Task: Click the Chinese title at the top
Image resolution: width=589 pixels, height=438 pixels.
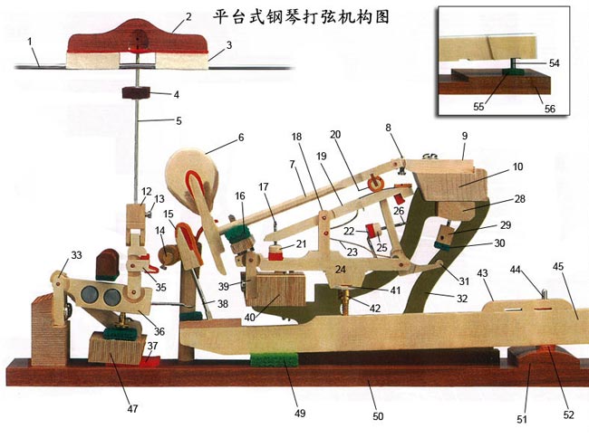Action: tap(300, 16)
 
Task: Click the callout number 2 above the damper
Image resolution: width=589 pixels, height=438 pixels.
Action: tap(188, 15)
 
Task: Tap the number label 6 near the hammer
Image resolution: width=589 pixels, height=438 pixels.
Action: tap(241, 138)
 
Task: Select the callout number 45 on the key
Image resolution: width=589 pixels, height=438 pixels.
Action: tap(558, 266)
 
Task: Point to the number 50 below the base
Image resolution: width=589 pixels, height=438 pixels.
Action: tap(378, 416)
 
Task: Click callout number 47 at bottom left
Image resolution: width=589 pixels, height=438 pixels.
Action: tap(133, 410)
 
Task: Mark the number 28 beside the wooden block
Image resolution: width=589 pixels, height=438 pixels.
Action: tap(520, 198)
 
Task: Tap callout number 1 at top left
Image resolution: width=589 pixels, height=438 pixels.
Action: tap(31, 41)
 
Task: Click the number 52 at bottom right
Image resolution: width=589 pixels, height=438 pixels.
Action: tap(568, 415)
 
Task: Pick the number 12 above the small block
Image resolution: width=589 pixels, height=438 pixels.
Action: tap(146, 192)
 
